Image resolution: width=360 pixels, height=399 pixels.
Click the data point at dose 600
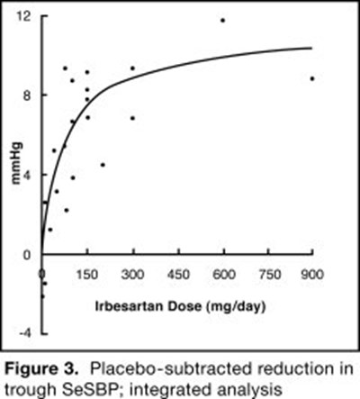click(x=222, y=20)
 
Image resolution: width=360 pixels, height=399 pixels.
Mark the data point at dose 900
click(x=311, y=78)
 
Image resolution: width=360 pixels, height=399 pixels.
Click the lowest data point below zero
click(x=41, y=295)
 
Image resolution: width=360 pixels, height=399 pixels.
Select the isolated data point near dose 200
click(x=103, y=165)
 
